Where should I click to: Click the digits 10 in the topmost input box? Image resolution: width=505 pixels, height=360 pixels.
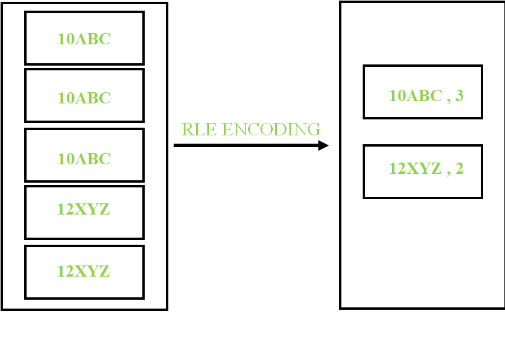[64, 39]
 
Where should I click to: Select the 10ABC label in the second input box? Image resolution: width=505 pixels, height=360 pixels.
[84, 98]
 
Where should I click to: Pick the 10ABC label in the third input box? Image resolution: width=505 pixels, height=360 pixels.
[84, 159]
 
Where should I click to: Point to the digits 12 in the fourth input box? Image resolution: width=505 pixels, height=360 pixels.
[64, 209]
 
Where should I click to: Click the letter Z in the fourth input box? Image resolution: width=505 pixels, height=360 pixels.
[104, 209]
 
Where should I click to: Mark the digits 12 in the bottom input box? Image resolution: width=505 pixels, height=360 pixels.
[64, 271]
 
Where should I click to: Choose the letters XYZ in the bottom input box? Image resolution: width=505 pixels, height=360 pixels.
[91, 271]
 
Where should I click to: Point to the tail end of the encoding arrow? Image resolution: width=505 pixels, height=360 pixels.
[176, 145]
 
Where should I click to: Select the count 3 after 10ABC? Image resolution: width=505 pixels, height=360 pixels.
[460, 95]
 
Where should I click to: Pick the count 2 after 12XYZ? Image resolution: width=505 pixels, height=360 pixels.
[460, 168]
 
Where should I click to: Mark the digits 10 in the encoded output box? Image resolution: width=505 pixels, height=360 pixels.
[396, 95]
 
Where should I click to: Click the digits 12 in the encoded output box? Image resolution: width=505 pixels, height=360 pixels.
[396, 168]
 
